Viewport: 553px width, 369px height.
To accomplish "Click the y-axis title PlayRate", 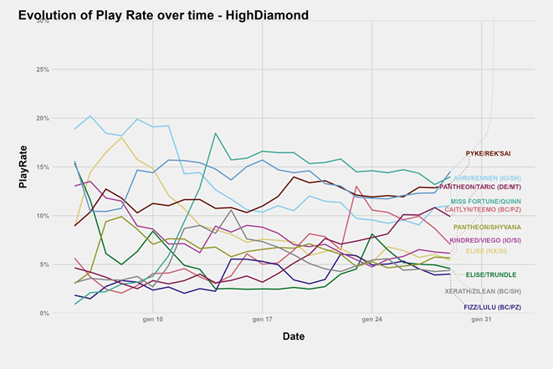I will point(24,167).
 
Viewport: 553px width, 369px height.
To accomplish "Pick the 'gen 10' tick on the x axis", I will point(153,320).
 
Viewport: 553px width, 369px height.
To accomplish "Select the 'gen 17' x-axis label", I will point(263,320).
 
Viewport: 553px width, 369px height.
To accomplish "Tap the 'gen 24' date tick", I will point(372,320).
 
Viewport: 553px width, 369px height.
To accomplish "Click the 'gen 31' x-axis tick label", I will point(482,320).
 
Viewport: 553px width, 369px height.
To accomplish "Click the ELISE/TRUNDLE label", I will point(491,274).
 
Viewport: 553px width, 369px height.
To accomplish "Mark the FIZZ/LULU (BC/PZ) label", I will point(494,308).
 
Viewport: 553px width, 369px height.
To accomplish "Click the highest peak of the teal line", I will point(216,133).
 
